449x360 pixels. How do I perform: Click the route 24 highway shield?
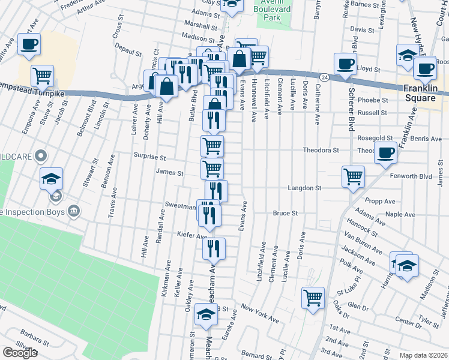point(324,77)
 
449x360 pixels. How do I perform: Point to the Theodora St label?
point(321,150)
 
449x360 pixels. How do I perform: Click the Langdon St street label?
point(304,188)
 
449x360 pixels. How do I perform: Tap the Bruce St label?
point(285,213)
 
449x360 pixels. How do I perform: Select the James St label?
point(169,173)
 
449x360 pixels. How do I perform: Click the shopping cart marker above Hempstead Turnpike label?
point(42,75)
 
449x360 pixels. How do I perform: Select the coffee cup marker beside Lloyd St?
point(345,63)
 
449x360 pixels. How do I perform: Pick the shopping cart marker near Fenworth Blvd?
point(353,176)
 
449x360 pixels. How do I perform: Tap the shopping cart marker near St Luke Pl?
point(313,297)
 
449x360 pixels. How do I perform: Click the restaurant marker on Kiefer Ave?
point(214,248)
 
